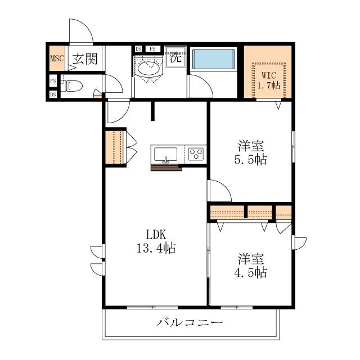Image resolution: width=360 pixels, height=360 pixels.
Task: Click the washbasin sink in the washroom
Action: coord(148,69)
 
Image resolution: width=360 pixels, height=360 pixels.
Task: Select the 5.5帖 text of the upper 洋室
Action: coord(251,159)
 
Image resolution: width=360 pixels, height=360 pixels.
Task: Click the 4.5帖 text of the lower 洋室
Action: coord(251,273)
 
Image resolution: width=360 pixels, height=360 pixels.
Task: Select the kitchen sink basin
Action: coord(165,154)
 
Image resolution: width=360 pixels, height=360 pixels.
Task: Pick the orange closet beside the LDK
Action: coord(114,148)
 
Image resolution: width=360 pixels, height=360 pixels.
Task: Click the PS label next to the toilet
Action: coord(53,81)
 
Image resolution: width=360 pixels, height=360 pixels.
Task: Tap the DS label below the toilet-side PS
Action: coord(53,94)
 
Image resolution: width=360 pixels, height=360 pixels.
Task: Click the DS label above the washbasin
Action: coord(139,49)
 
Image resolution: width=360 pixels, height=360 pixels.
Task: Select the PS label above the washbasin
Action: coord(152,49)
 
